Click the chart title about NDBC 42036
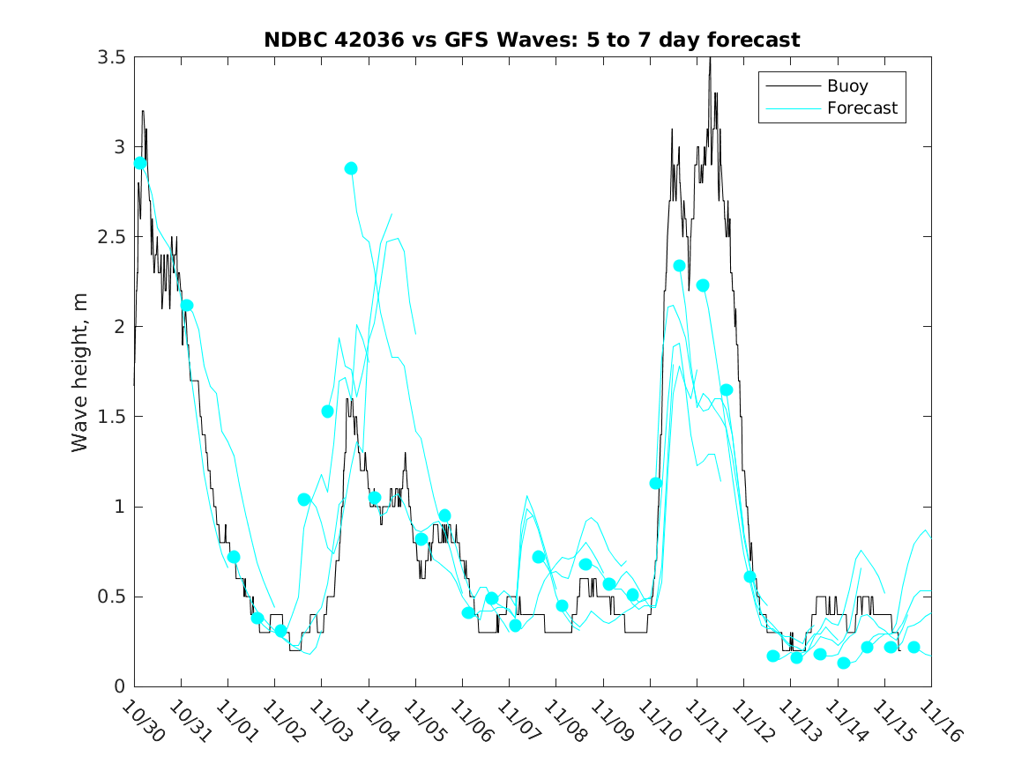click(x=532, y=41)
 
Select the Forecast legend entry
click(x=861, y=108)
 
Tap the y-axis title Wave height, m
click(x=80, y=372)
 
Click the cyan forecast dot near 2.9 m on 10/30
click(x=140, y=163)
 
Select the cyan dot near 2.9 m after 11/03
click(x=351, y=168)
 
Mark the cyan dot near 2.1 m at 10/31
click(x=187, y=306)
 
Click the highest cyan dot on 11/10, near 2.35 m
click(x=680, y=265)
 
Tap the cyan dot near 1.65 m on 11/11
click(x=727, y=389)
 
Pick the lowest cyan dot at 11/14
click(x=843, y=663)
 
